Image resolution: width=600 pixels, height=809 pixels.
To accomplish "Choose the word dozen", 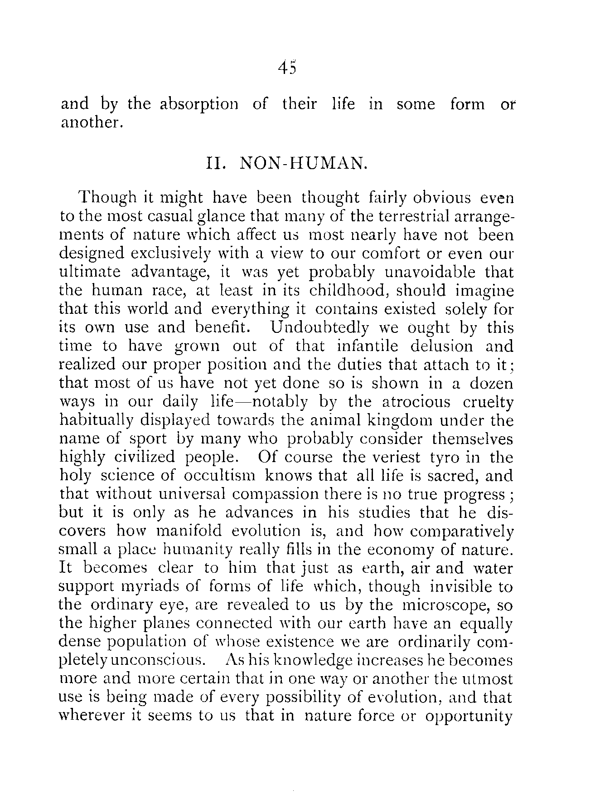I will pyautogui.click(x=491, y=383).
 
